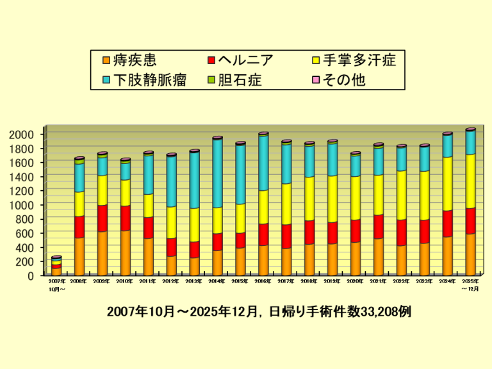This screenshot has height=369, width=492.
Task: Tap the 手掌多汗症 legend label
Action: click(358, 61)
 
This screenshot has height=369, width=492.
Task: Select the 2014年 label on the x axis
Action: click(217, 281)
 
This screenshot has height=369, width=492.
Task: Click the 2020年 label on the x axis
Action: click(356, 281)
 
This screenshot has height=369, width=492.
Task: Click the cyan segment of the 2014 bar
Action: click(217, 173)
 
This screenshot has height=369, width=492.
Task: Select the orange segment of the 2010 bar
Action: click(125, 252)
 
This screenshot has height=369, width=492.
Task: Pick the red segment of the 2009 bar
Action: click(102, 218)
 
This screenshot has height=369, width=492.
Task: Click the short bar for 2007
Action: click(56, 266)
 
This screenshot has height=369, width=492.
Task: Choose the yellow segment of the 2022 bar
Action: click(401, 195)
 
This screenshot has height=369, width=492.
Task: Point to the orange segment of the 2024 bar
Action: click(447, 255)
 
